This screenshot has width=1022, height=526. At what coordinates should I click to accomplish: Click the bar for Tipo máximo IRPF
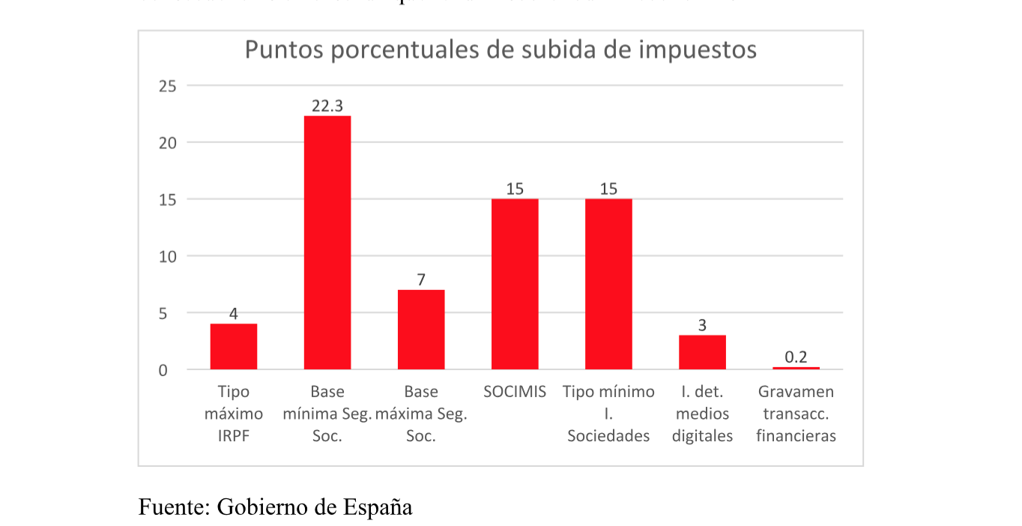coord(234,347)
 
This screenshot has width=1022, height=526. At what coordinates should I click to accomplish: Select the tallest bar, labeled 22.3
coord(327,243)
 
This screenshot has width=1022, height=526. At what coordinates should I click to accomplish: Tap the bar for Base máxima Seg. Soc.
coord(421,330)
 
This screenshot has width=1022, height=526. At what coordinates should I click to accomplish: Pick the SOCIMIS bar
coord(515,284)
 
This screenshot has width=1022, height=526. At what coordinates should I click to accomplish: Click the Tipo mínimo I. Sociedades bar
coord(608,284)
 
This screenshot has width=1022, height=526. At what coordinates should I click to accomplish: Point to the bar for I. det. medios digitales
coord(702,352)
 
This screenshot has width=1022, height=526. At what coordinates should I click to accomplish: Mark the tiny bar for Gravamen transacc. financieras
coord(796,368)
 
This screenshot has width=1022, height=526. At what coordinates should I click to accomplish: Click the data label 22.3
coord(327,106)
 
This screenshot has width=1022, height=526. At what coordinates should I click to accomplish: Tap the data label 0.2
coord(796,357)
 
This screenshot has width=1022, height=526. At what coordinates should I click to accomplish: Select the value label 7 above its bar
coord(421,280)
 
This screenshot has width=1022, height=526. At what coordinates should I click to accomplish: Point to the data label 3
coord(702,326)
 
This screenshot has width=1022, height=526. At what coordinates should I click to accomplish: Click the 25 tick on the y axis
coord(168,86)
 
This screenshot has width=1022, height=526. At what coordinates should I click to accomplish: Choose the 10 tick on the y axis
coord(168,256)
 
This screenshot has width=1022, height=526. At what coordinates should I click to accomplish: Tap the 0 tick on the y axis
coord(172,370)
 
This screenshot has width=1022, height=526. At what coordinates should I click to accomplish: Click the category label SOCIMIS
coord(515,392)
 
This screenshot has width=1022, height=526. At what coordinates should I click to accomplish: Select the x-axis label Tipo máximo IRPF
coord(234,414)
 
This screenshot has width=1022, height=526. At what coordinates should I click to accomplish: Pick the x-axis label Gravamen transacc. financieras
coord(796,414)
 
